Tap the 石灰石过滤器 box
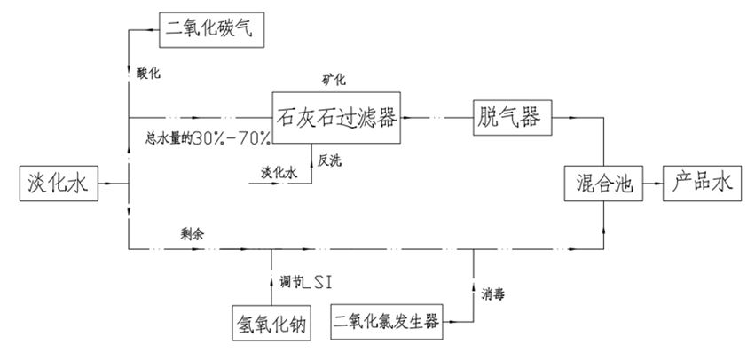pyautogui.click(x=335, y=116)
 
